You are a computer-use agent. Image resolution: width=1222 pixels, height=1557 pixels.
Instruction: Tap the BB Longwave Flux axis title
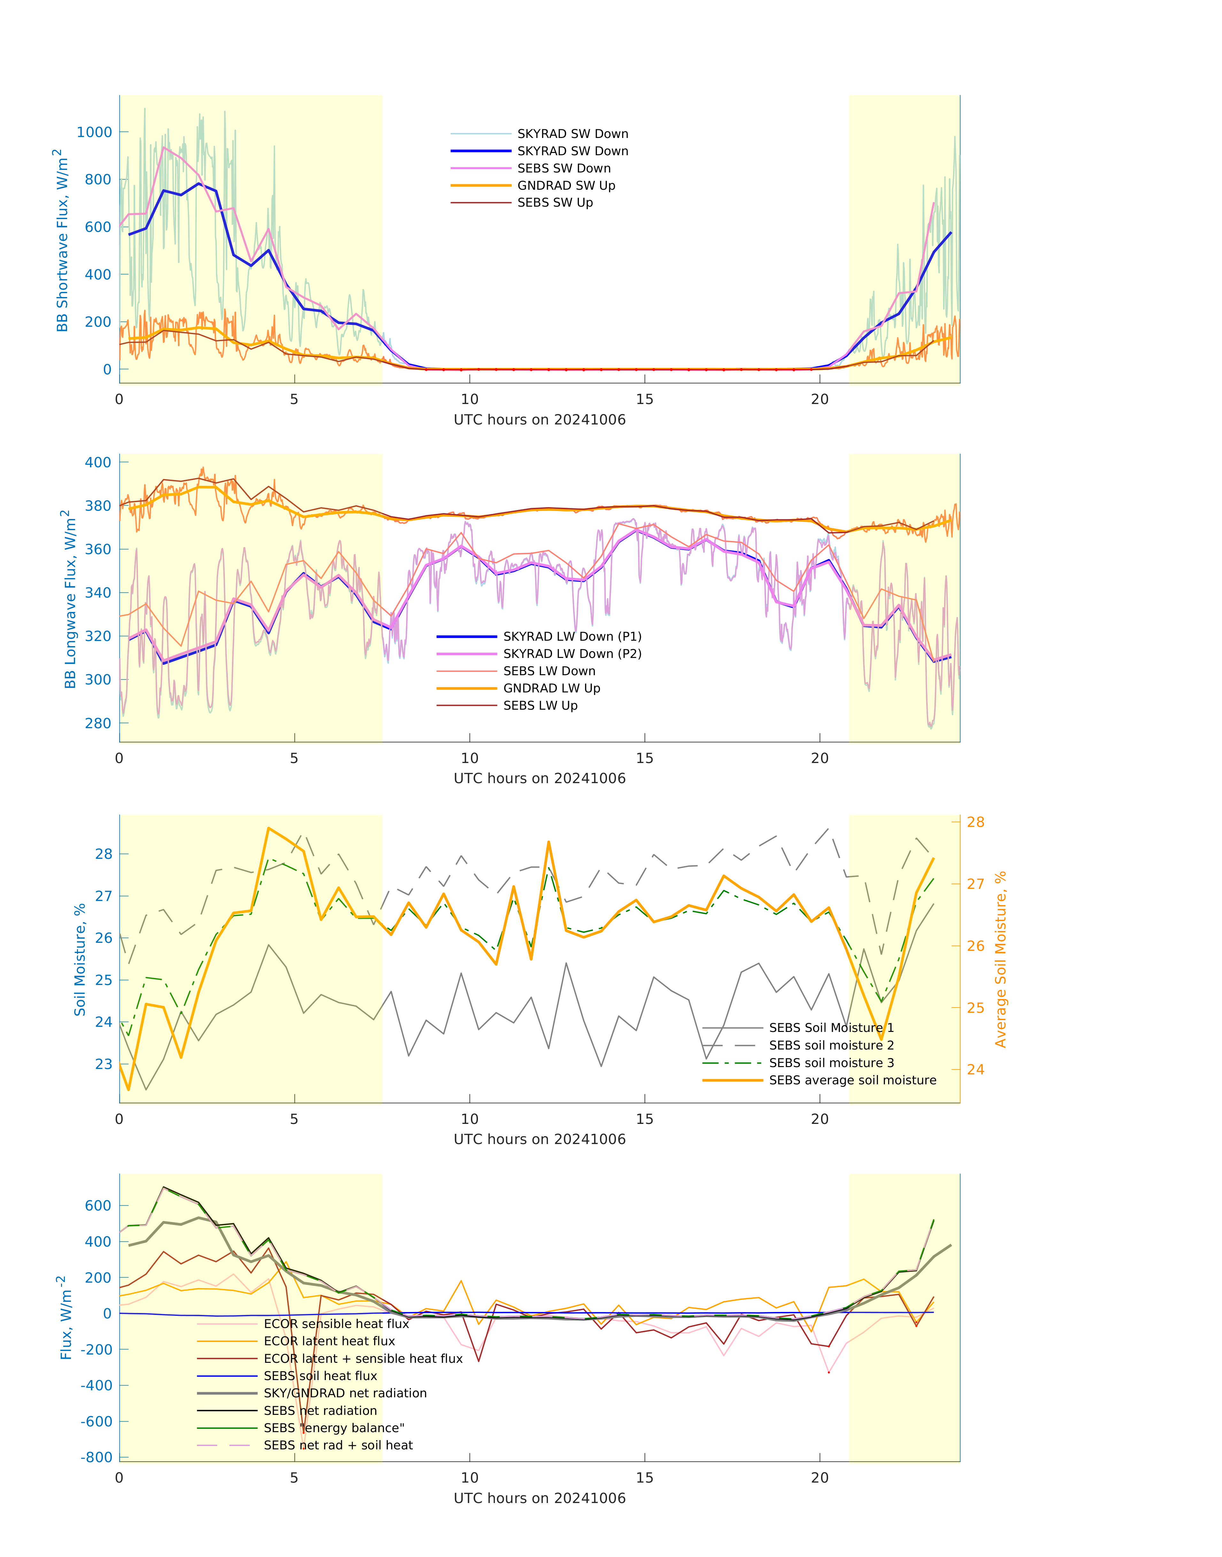[x=69, y=599]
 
